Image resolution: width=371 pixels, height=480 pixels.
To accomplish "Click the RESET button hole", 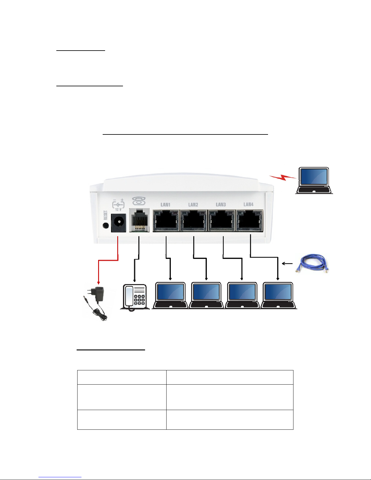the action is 106,226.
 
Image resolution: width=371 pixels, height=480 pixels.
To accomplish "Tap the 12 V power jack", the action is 119,223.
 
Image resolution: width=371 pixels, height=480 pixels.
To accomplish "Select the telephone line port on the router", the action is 139,220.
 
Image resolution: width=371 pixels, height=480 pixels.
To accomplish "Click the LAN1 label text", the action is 165,204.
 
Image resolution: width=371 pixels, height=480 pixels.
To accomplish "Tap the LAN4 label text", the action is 248,204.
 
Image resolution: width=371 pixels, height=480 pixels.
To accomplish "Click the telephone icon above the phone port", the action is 139,201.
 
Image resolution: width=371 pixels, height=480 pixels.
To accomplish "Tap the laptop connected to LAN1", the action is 170,295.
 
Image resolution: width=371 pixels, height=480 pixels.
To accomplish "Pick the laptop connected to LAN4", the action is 279,295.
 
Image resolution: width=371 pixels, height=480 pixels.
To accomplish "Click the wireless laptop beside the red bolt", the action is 314,180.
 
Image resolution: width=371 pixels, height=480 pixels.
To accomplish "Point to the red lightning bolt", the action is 283,177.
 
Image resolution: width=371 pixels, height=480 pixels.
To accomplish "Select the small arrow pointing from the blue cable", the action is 287,263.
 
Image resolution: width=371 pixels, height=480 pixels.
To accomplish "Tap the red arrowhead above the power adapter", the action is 98,283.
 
